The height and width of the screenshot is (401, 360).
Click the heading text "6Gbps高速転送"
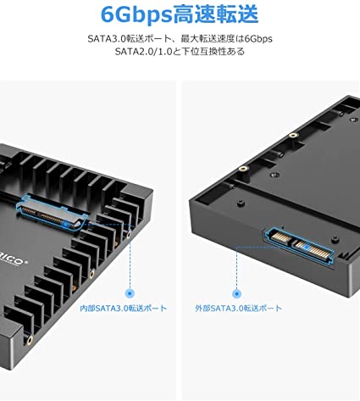pyautogui.click(x=180, y=14)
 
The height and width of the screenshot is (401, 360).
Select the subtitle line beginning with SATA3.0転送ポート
pyautogui.click(x=180, y=39)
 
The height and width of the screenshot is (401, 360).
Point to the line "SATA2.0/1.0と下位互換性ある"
pyautogui.click(x=180, y=53)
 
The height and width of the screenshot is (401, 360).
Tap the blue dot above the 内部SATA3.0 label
pyautogui.click(x=130, y=286)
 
